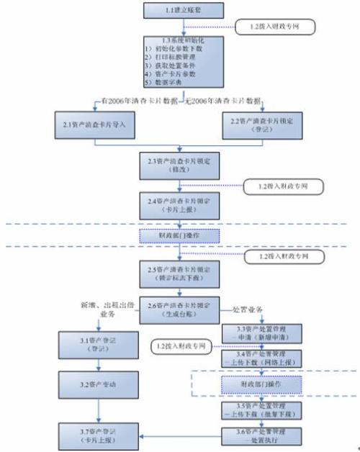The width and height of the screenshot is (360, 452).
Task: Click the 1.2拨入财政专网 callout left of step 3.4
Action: tap(182, 348)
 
